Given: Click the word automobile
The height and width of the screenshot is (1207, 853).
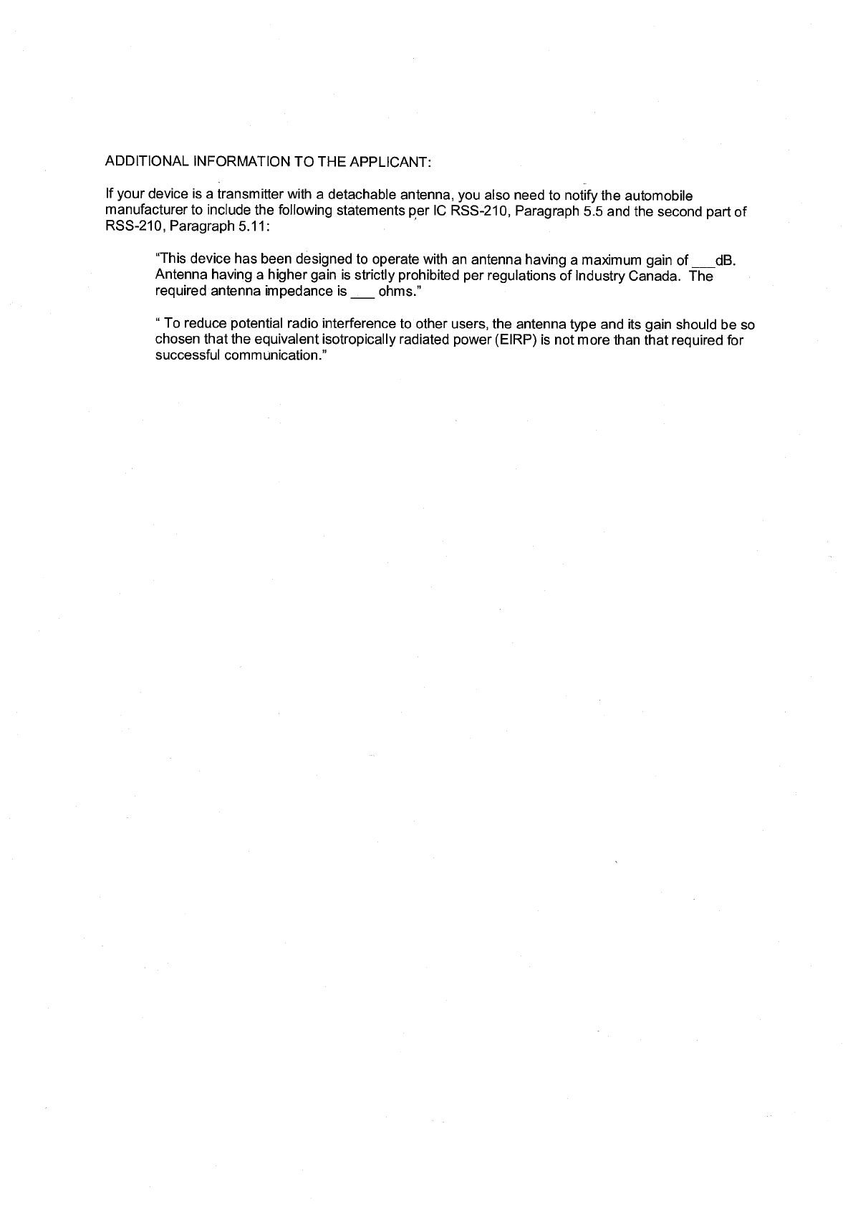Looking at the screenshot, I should [x=659, y=196].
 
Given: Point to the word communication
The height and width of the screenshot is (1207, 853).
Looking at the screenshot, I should [x=276, y=355].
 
